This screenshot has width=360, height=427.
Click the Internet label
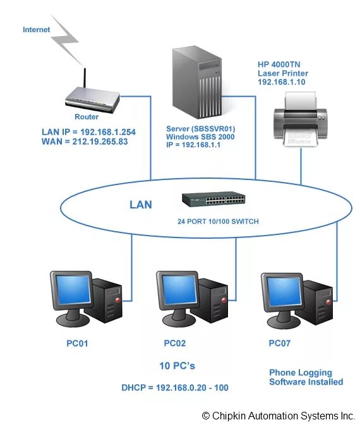tap(36, 30)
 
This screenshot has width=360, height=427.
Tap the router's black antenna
tap(85, 78)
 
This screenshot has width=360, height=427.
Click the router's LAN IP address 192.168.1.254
tap(108, 132)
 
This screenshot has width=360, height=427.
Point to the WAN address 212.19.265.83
tap(100, 141)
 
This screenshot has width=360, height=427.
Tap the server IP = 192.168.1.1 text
tap(193, 145)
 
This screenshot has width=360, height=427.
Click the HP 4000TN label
tap(279, 64)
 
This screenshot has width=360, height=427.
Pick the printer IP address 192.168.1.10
tap(282, 82)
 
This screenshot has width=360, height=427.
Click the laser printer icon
tap(301, 119)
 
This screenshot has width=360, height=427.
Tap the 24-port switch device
tap(213, 199)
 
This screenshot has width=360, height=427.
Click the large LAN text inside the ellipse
tap(140, 205)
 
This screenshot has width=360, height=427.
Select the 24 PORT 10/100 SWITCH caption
tap(218, 222)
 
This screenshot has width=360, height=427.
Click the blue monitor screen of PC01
tap(73, 289)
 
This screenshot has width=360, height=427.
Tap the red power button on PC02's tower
tap(224, 300)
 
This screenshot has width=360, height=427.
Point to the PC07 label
tap(279, 343)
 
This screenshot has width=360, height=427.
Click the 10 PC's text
tap(177, 366)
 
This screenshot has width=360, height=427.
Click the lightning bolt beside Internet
tap(65, 40)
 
